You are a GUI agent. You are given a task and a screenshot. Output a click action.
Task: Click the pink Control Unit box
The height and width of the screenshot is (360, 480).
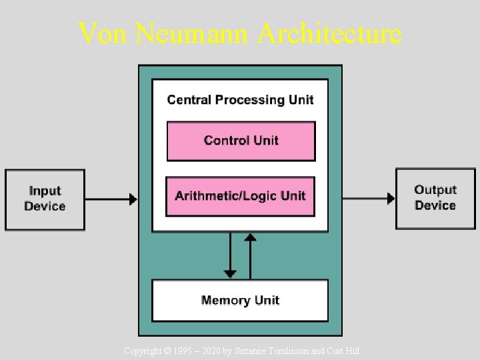tap(241, 141)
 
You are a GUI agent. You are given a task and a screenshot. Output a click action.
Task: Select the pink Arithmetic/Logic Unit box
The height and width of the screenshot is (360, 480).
tap(240, 196)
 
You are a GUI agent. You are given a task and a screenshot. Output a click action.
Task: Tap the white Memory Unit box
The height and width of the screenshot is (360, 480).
tap(240, 300)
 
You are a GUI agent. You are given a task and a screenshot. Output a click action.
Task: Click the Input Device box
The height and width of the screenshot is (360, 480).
tap(45, 199)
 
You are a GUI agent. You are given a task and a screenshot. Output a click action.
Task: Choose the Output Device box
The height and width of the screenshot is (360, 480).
tap(435, 199)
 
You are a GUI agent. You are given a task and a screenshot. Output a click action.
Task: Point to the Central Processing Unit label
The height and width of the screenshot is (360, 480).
tap(240, 100)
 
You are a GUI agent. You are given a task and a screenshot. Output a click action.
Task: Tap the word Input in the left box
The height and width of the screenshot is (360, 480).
tap(45, 191)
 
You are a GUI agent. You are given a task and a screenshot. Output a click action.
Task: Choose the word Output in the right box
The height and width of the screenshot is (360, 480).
tap(435, 191)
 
